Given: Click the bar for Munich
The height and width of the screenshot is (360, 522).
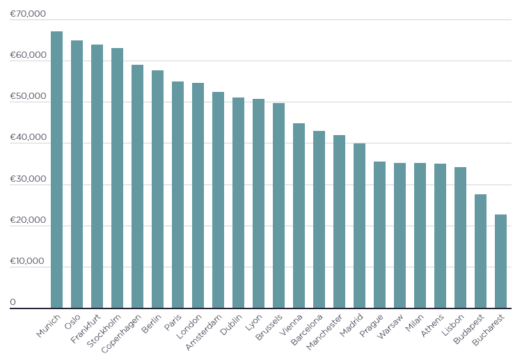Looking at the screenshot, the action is pos(56,169).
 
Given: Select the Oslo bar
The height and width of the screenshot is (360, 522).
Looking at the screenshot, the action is pos(77,174).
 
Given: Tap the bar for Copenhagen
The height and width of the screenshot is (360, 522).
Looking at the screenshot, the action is pos(138,186).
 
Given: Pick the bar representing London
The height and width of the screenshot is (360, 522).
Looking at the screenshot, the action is pos(198,196).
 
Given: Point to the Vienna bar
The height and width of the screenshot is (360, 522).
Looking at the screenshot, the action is pos(299,215).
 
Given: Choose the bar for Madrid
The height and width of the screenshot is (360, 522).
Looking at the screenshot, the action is pos(360,226).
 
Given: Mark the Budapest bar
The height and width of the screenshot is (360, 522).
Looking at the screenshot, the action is pos(481,251).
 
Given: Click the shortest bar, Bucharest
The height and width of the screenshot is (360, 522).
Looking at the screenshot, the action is pos(500,261).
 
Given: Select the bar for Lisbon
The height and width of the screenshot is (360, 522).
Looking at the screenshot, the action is pos(461,237).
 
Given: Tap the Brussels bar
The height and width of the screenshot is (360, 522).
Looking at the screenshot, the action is pos(278,205).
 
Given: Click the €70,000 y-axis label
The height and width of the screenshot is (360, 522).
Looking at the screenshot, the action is pos(28,14).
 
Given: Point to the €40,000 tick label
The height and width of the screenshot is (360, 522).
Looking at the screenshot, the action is pos(28,137).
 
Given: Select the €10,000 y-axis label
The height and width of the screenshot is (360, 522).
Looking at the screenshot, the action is pos(27,260).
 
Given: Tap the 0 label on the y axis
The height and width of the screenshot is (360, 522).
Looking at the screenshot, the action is pos(13,302).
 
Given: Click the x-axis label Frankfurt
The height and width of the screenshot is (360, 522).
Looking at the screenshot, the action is pos(86,329).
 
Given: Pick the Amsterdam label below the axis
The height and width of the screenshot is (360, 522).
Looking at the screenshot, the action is pos(203,332).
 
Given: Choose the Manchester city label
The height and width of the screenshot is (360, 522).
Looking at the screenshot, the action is pos(324,332).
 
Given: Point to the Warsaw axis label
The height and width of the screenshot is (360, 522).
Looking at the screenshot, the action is pos(390,327).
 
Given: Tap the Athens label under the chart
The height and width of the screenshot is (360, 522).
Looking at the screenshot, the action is pos(432,325).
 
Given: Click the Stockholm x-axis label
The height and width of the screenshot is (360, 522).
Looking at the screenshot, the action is pos(104,331).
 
